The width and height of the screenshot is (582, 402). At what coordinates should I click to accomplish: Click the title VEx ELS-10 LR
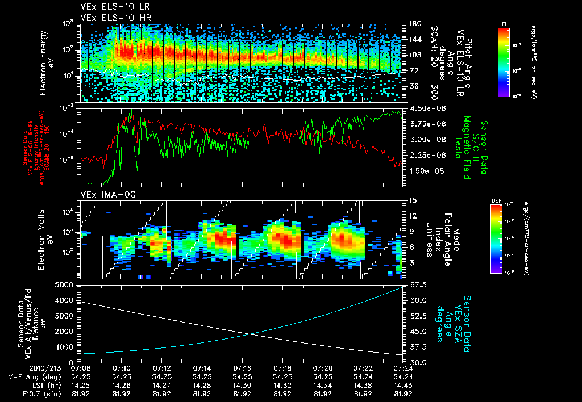[111, 7]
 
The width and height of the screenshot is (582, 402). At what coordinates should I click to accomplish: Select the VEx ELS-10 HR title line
[111, 18]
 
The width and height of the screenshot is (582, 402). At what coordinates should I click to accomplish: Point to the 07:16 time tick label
[242, 368]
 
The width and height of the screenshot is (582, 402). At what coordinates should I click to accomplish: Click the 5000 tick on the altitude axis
[67, 284]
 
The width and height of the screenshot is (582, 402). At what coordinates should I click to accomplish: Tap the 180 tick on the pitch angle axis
[413, 24]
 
